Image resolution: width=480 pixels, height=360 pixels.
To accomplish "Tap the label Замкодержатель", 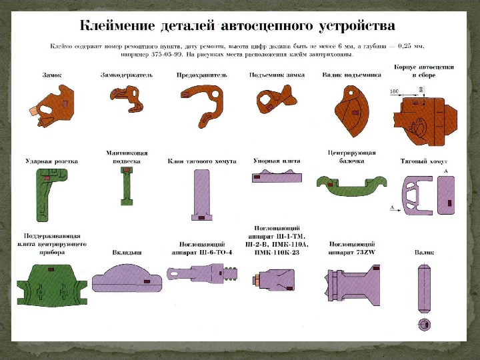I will coord(126,75).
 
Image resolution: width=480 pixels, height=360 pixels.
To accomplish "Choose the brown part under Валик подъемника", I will coord(352,109).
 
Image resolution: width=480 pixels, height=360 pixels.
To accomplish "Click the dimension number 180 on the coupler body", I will coord(394,91).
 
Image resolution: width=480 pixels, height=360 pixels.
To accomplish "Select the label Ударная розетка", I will coord(52,161).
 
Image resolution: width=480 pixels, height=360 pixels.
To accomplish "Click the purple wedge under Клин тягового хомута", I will coord(202,194).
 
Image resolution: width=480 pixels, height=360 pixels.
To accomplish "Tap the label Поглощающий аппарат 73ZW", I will coord(352,249).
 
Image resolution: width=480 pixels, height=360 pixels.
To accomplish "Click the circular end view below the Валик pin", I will coord(425,324).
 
